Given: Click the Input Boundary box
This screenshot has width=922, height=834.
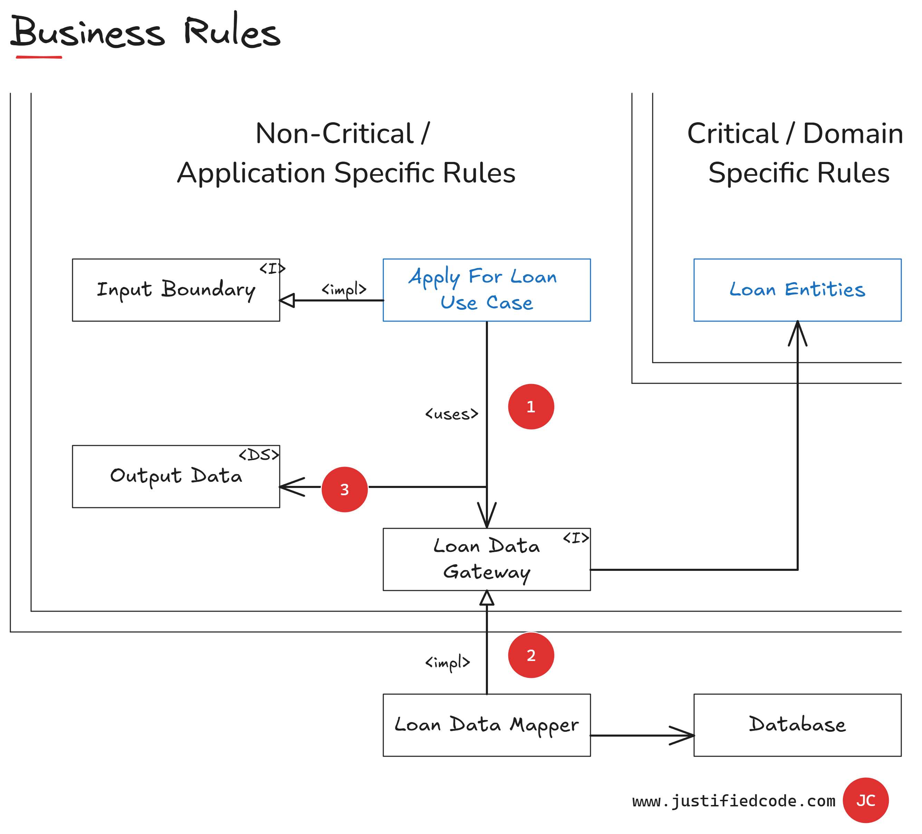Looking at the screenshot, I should [x=176, y=290].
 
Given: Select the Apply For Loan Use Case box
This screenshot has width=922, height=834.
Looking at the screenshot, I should [x=486, y=290].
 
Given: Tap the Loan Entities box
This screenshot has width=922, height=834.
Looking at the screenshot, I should [x=797, y=290].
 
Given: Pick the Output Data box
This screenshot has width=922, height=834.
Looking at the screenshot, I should [x=176, y=476].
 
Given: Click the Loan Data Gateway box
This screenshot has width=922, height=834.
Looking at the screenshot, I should [x=486, y=559].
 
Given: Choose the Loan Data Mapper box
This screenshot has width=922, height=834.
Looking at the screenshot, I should [x=486, y=725].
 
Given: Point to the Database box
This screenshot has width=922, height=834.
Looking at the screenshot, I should [x=797, y=725].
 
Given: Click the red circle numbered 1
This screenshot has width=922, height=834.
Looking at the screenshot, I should [x=530, y=406].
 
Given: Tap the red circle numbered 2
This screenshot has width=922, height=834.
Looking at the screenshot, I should [x=530, y=655].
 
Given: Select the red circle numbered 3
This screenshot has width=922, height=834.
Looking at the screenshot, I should [x=344, y=489].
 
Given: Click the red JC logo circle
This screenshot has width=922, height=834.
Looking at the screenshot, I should [x=865, y=800].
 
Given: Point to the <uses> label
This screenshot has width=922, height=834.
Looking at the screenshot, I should [x=451, y=414].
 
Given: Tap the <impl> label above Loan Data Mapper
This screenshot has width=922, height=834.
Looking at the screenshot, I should [x=447, y=662].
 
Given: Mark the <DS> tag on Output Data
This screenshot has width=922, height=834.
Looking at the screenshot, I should [x=259, y=455].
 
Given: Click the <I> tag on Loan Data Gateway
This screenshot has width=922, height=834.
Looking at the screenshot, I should [x=576, y=538].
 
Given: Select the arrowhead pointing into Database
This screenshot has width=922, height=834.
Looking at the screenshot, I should [x=684, y=735].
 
